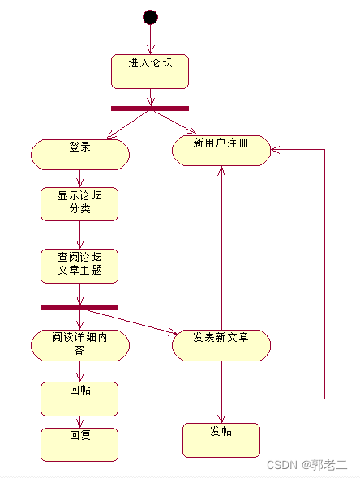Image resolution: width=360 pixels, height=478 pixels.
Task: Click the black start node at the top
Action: pos(150,17)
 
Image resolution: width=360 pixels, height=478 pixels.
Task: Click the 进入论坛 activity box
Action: pos(150,71)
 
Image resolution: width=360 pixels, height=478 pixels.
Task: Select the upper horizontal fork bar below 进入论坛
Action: pos(150,108)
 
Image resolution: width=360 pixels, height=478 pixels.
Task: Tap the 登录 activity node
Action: pos(80,153)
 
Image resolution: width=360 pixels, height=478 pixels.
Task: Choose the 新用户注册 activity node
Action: pos(221,150)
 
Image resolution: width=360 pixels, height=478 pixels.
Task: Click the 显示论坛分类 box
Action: pos(79,203)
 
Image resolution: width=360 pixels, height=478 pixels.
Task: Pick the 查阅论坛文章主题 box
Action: pos(79,266)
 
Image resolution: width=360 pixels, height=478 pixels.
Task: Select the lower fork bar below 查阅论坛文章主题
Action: pos(79,307)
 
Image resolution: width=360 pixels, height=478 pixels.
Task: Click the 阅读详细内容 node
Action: pos(79,344)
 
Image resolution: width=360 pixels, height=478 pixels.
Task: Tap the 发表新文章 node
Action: pos(221,344)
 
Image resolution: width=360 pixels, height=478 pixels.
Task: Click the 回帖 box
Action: pos(79,398)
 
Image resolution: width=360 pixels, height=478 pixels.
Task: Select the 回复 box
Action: pos(79,444)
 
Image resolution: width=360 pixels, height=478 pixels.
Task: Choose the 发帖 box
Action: pos(221,440)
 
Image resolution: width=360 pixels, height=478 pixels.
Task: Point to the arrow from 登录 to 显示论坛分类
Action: pos(79,178)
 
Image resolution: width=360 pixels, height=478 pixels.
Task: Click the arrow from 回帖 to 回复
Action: pos(79,421)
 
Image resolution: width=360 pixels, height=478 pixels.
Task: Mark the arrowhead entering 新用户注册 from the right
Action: pos(275,150)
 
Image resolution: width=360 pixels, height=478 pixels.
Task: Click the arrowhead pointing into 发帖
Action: pos(221,418)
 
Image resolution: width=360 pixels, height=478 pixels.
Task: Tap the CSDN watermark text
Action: pos(307,465)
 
